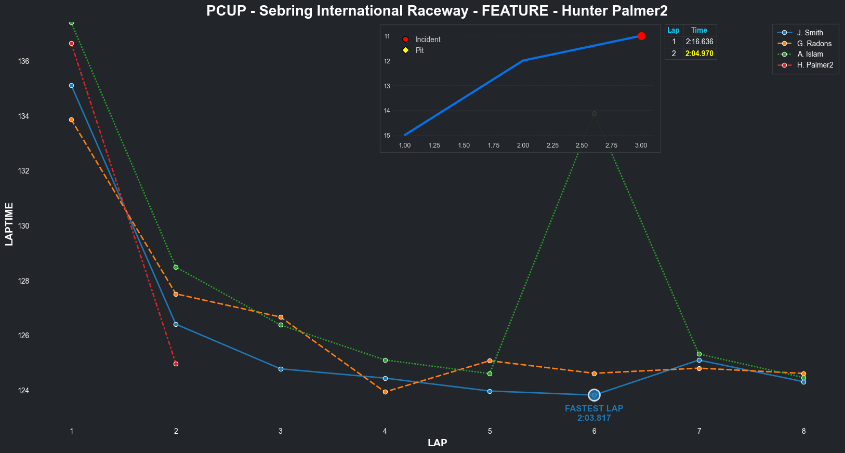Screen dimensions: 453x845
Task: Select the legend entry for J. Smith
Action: click(x=810, y=33)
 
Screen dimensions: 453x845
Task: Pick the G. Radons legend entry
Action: click(x=814, y=44)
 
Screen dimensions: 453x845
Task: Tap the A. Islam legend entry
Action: click(x=810, y=54)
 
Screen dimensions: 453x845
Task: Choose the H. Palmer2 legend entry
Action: click(x=815, y=65)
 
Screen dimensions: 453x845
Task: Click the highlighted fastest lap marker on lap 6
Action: click(x=594, y=395)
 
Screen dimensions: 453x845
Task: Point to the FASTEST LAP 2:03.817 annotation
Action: click(x=594, y=414)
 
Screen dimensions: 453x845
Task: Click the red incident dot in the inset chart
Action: click(x=641, y=36)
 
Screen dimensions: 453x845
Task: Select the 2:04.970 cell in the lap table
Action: click(x=699, y=54)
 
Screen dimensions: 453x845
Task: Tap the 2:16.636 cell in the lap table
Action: click(x=699, y=42)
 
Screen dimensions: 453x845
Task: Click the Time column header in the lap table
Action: click(x=699, y=30)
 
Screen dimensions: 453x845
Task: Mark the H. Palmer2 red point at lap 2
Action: click(x=176, y=364)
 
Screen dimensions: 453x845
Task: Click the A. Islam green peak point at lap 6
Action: click(x=594, y=113)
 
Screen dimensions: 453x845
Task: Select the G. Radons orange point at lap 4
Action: click(x=385, y=392)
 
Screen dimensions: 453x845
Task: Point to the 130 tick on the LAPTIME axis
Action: click(x=23, y=226)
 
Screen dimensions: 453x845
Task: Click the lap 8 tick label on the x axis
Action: click(x=803, y=431)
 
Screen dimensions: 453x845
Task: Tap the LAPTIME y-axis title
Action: click(x=9, y=224)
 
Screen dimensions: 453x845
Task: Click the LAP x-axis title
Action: click(x=437, y=443)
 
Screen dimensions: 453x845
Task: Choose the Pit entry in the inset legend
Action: click(x=419, y=50)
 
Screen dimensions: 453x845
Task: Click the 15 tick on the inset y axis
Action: click(x=387, y=136)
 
